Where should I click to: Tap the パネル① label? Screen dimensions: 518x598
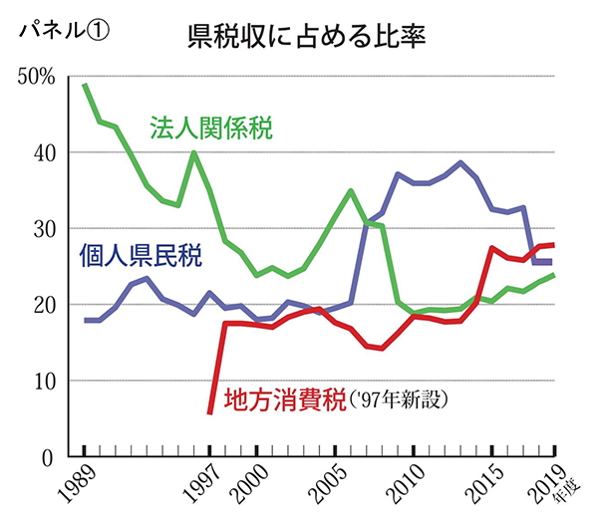[62, 29]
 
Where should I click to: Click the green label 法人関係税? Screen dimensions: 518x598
[211, 129]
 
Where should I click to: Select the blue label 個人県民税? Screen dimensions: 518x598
[141, 258]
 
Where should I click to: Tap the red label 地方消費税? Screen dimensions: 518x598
[284, 401]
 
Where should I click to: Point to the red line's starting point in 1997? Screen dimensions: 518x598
[210, 410]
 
